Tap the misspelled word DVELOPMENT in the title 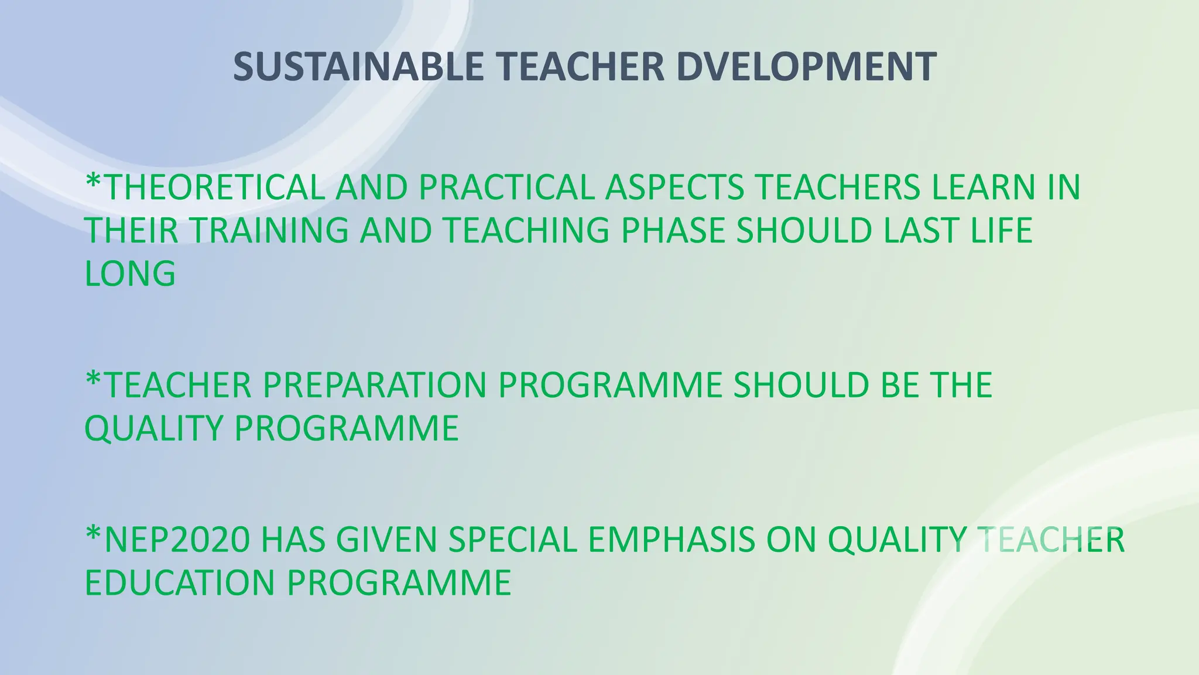(x=806, y=67)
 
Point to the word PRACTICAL (x=506, y=187)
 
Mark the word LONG (x=130, y=274)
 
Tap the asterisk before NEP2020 (x=93, y=533)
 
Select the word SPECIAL (x=513, y=540)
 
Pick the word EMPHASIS (x=672, y=540)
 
